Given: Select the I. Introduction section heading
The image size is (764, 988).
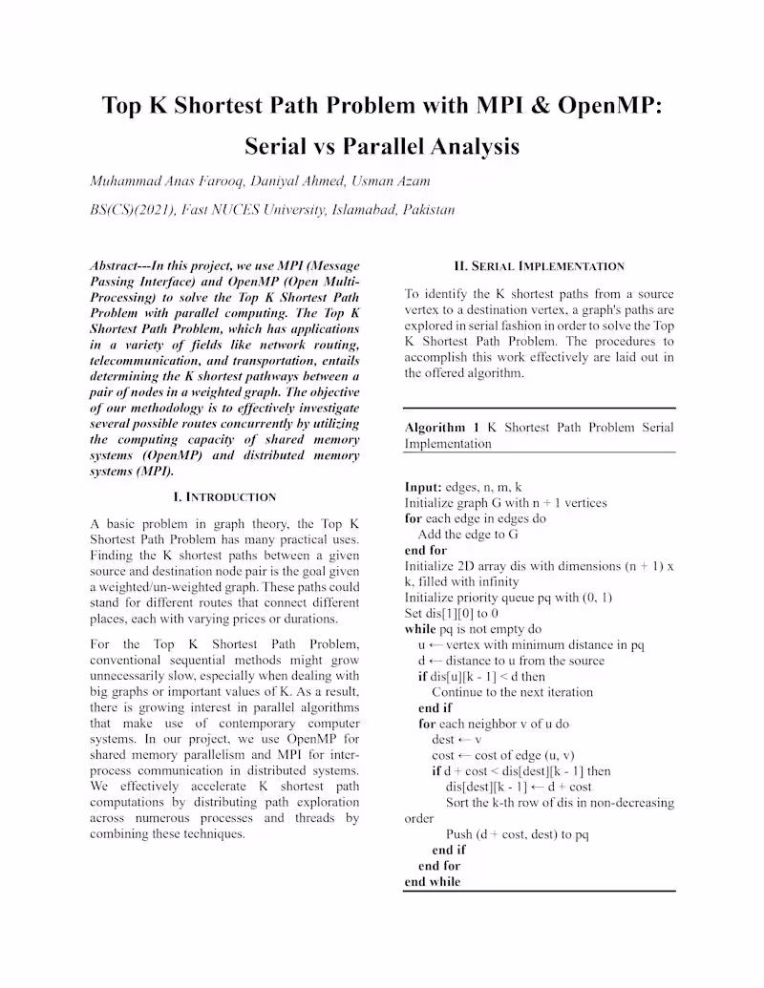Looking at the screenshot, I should (x=224, y=496).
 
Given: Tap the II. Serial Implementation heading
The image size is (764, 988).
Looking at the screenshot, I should (x=540, y=266).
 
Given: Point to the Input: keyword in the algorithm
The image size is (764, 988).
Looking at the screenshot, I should (x=423, y=487).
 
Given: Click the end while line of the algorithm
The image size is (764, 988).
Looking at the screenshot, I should (x=433, y=882).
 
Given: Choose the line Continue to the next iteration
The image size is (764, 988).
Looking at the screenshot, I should (x=512, y=692).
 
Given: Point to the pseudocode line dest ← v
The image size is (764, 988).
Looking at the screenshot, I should (x=456, y=739).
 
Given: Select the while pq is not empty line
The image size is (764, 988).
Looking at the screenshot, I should (x=473, y=629).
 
